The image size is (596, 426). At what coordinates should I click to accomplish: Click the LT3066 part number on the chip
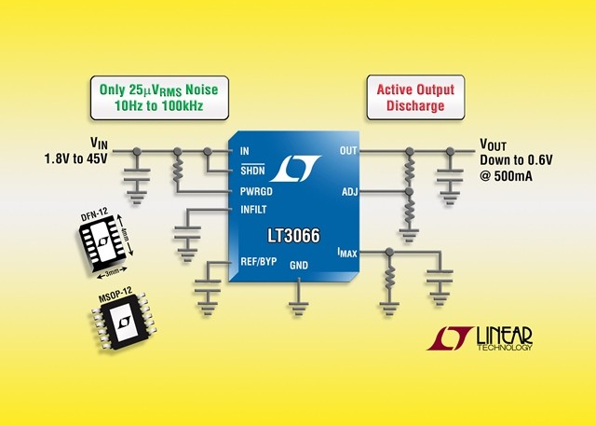pyautogui.click(x=294, y=236)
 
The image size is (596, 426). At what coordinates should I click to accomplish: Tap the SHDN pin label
pyautogui.click(x=252, y=171)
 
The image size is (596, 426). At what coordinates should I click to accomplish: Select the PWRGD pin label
pyautogui.click(x=256, y=191)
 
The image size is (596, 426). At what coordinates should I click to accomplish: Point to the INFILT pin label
pyautogui.click(x=253, y=210)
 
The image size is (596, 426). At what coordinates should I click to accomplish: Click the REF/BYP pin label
pyautogui.click(x=259, y=262)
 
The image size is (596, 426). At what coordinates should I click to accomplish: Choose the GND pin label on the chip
pyautogui.click(x=299, y=265)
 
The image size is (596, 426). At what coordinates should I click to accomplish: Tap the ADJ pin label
pyautogui.click(x=350, y=192)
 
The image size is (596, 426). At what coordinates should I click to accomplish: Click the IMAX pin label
pyautogui.click(x=347, y=253)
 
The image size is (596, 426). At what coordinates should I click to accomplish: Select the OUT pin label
pyautogui.click(x=348, y=151)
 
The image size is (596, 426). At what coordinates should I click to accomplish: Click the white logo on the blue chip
pyautogui.click(x=295, y=168)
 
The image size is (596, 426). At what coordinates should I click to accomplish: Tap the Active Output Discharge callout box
pyautogui.click(x=415, y=97)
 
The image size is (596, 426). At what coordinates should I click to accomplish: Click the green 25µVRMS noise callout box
pyautogui.click(x=159, y=98)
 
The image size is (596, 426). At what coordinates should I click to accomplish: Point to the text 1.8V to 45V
pyautogui.click(x=76, y=158)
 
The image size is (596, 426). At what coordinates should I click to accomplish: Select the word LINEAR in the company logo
pyautogui.click(x=505, y=336)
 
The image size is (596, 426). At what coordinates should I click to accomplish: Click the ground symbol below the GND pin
pyautogui.click(x=299, y=309)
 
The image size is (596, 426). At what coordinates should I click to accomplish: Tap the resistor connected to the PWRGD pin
pyautogui.click(x=177, y=170)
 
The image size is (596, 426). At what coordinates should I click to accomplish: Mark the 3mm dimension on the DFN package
pyautogui.click(x=112, y=272)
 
